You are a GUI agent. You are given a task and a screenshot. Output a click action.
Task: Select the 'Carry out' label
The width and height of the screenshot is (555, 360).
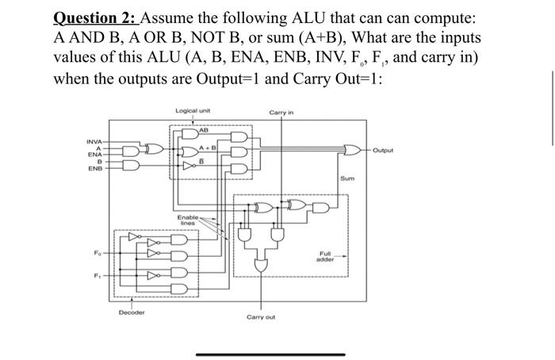(x=261, y=316)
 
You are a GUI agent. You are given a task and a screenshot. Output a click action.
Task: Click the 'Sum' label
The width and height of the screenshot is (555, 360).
(x=346, y=180)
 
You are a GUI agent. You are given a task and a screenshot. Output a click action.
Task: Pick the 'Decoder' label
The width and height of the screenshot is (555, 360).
(x=132, y=312)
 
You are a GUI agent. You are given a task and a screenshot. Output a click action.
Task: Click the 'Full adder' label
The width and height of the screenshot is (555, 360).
(x=325, y=258)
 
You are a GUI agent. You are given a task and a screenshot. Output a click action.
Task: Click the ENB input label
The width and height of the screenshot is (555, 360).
(x=95, y=168)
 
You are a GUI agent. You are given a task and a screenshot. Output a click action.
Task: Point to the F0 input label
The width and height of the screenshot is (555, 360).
(x=97, y=252)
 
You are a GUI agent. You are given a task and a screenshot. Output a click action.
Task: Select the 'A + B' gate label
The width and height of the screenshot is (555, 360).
(x=207, y=146)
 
